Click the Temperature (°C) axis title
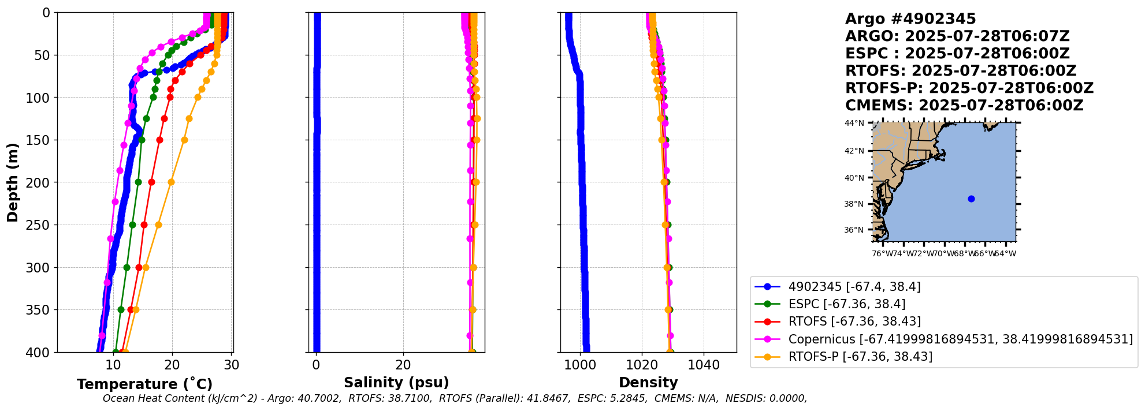click(144, 384)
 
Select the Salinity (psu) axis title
click(396, 382)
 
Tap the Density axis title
click(648, 382)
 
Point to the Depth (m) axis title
click(13, 182)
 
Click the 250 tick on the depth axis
click(39, 225)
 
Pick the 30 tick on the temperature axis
click(232, 365)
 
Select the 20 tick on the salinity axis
click(403, 365)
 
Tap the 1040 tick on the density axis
click(704, 365)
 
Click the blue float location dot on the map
click(971, 199)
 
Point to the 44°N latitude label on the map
click(854, 123)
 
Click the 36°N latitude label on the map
click(854, 230)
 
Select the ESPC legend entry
click(847, 304)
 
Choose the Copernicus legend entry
click(960, 339)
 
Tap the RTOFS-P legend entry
click(860, 357)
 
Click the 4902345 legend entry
click(854, 287)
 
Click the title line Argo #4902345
click(910, 19)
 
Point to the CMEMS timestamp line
click(964, 106)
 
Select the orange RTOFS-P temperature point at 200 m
click(171, 182)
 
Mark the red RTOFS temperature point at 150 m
click(159, 140)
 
